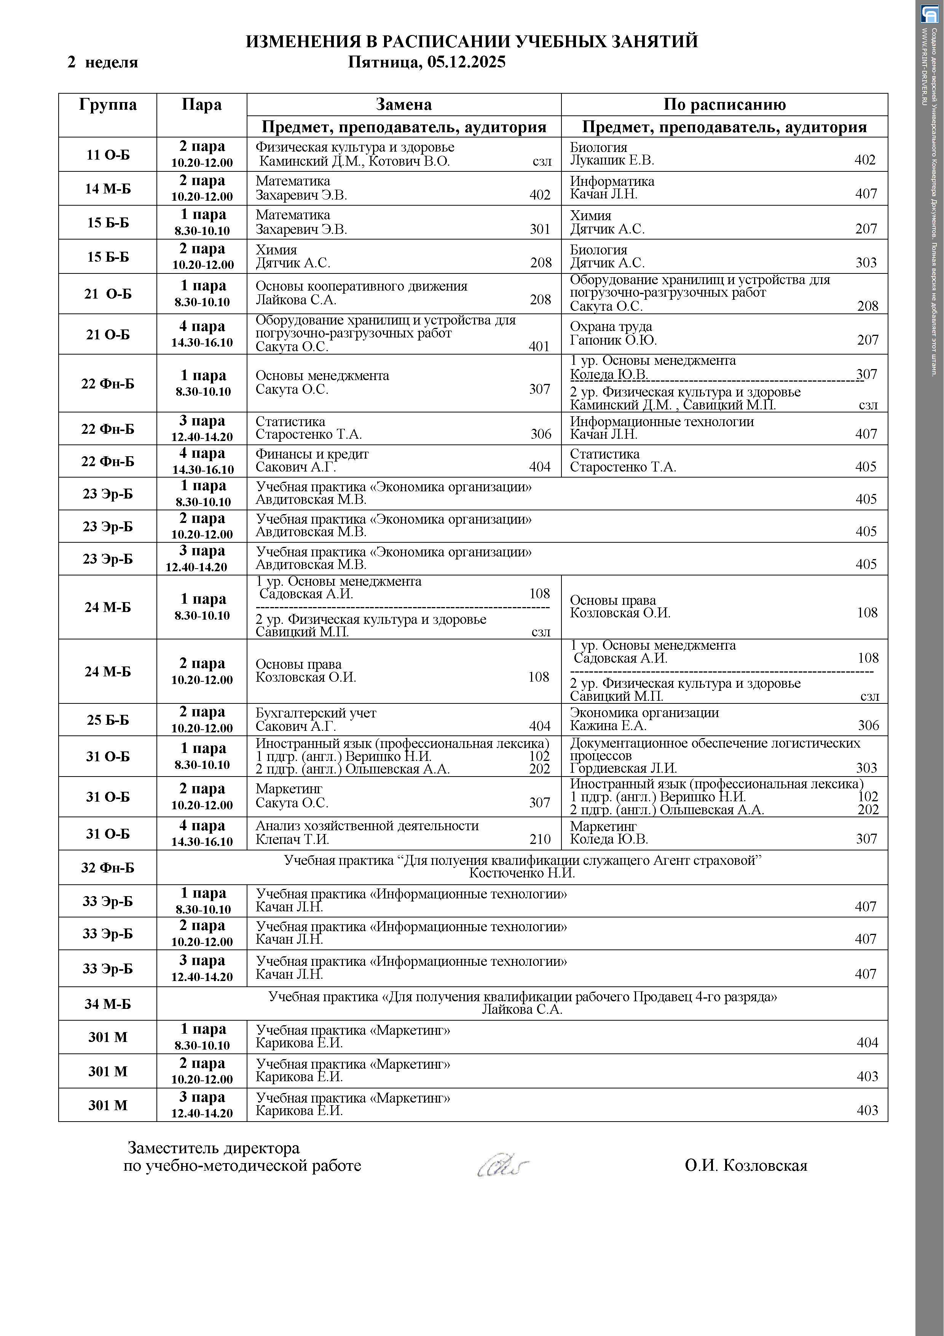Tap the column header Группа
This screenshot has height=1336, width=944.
108,105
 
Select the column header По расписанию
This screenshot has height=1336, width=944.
724,105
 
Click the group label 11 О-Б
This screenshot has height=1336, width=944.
108,155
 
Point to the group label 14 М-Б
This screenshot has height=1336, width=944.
108,189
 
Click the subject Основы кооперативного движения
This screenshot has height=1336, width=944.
361,286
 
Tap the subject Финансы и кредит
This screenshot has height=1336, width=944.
313,454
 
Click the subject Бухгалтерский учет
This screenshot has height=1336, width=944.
316,713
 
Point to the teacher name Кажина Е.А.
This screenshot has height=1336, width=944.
608,726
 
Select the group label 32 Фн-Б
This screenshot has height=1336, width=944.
108,868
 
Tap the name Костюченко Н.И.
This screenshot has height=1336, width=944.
522,873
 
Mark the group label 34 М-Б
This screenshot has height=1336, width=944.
108,1004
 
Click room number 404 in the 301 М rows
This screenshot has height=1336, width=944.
867,1043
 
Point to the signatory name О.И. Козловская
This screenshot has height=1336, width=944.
746,1165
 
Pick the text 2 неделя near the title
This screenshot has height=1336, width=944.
103,62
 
